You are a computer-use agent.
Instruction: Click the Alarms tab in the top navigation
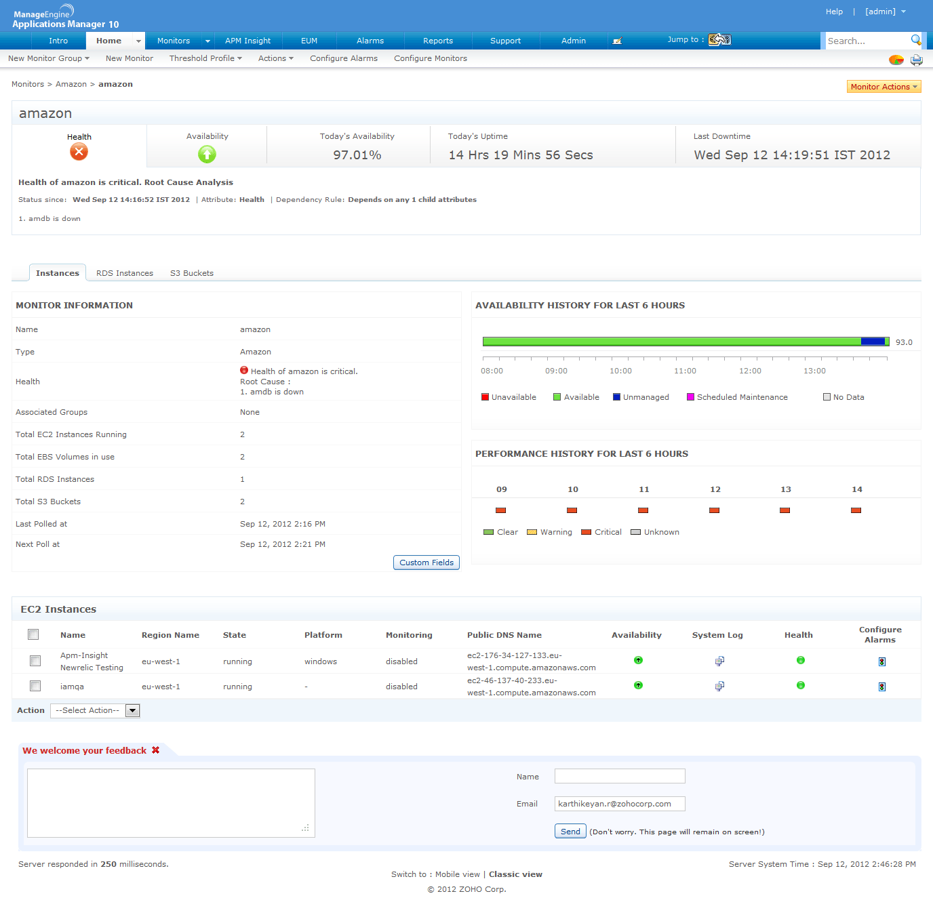click(370, 41)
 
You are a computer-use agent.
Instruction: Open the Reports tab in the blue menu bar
click(438, 41)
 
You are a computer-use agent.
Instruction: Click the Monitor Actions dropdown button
click(884, 87)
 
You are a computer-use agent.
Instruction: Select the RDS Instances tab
click(125, 273)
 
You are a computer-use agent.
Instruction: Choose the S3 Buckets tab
click(192, 273)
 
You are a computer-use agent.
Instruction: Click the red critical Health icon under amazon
click(79, 152)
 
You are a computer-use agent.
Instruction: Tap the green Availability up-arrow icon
click(207, 155)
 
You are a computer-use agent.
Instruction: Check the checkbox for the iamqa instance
click(35, 686)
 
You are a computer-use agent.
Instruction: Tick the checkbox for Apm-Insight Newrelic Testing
click(35, 661)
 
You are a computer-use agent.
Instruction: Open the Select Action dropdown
click(95, 710)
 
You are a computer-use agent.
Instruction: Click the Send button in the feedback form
click(570, 832)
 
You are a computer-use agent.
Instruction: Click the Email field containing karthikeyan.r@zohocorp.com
click(620, 804)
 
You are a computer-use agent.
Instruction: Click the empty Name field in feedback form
click(620, 776)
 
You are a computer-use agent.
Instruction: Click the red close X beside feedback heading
click(156, 750)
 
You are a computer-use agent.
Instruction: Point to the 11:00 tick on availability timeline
click(686, 359)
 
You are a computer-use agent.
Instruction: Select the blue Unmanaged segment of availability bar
click(873, 342)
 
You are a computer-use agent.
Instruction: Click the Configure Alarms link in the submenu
click(344, 58)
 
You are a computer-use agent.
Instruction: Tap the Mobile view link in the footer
click(458, 874)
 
